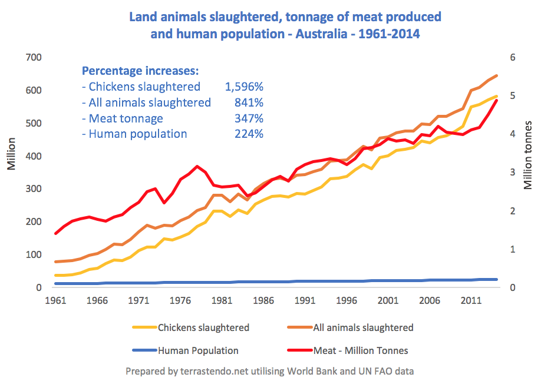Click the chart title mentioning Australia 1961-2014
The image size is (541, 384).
click(x=285, y=25)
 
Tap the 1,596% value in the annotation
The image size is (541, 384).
click(x=244, y=87)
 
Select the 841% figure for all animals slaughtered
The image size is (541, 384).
click(x=249, y=102)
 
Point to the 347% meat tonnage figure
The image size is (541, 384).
click(x=249, y=118)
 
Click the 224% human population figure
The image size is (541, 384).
click(x=249, y=134)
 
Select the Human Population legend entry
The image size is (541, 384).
click(x=197, y=350)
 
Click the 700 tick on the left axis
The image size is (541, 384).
click(x=33, y=58)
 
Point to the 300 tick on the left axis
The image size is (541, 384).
click(x=33, y=189)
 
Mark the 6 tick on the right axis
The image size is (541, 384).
click(x=513, y=58)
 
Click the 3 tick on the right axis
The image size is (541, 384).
click(x=513, y=173)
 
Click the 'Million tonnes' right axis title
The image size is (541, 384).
click(x=528, y=155)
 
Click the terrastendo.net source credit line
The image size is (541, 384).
click(x=269, y=371)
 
